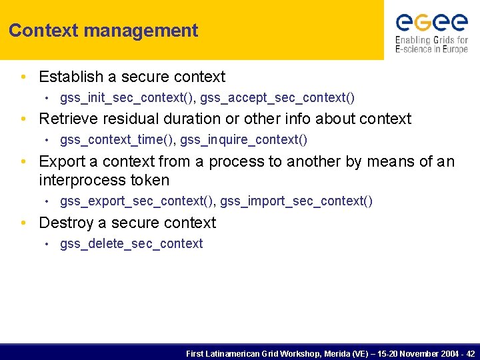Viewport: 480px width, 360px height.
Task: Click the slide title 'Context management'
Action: point(103,31)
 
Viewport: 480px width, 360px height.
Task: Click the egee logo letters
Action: point(431,23)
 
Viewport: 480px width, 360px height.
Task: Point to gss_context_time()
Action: point(117,139)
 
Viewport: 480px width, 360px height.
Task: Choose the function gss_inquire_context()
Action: point(244,139)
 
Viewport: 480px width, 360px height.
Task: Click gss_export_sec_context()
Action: point(137,201)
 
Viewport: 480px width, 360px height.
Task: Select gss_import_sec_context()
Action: point(297,201)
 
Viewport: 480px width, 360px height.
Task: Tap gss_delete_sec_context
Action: point(131,244)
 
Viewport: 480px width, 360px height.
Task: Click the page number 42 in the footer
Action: point(470,353)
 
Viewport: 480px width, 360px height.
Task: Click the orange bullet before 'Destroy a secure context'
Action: point(23,223)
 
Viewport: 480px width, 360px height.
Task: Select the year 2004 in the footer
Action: point(448,353)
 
